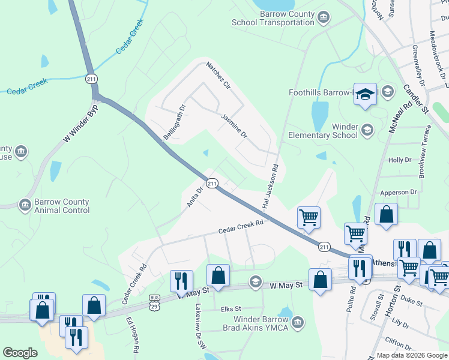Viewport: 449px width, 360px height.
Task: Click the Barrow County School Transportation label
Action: coord(274,19)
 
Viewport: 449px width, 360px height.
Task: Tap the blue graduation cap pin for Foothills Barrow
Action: coord(364,95)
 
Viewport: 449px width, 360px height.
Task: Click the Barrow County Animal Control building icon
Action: coord(25,206)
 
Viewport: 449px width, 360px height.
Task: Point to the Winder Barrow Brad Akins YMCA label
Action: coord(261,323)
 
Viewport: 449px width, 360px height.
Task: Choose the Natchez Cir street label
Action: coord(218,74)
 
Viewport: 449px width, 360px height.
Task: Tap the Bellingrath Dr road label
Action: coord(175,122)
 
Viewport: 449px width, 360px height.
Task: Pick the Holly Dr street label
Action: coord(400,160)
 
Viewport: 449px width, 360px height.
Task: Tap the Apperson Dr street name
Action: coord(398,192)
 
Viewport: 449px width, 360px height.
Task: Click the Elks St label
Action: coord(231,309)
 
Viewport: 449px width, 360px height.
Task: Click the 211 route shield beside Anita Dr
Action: coord(212,183)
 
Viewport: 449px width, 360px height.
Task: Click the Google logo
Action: coord(20,353)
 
